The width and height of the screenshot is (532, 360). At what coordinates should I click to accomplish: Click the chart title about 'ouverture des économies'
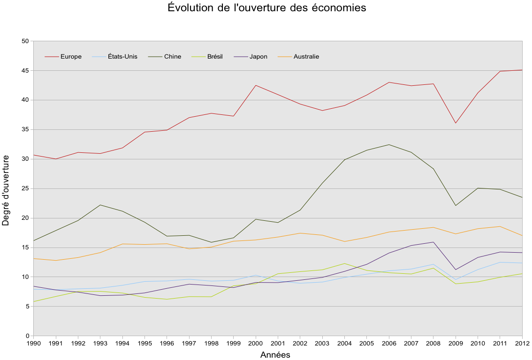[266, 8]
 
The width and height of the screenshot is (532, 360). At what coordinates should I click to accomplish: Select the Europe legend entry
[71, 57]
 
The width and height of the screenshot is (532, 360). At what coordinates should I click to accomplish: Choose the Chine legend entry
[172, 57]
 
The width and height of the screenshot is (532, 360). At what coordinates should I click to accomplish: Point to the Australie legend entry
[306, 57]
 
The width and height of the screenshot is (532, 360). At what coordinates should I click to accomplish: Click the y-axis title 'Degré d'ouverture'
[6, 191]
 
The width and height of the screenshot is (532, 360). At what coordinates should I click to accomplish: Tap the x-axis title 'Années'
[275, 355]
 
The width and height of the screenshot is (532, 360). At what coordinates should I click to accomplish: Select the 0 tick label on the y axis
[27, 336]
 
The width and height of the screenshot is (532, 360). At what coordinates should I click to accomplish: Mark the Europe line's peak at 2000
[256, 85]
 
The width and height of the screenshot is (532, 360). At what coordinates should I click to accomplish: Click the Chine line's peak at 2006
[389, 144]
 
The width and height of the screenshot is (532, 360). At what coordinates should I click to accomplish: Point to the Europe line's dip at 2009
[456, 123]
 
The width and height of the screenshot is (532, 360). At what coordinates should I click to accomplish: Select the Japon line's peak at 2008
[433, 242]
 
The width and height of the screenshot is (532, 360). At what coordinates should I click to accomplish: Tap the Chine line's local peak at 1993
[100, 205]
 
